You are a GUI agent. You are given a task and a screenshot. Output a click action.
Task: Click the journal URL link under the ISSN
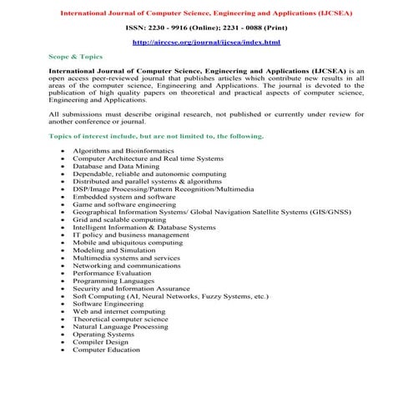pos(206,42)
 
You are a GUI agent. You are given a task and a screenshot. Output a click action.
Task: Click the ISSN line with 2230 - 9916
pos(206,27)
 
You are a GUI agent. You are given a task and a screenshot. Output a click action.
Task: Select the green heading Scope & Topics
pos(76,57)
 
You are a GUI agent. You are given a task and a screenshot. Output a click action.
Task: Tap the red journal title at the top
pos(206,13)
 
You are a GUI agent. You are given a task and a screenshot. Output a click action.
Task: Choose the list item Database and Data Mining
pos(118,166)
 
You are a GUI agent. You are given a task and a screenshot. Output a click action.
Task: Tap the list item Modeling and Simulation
pos(113,250)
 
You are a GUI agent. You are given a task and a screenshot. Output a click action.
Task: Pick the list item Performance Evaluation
pos(112,273)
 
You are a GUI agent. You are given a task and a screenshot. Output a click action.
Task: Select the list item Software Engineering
pos(110,304)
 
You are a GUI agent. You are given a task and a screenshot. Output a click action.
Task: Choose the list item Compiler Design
pos(100,342)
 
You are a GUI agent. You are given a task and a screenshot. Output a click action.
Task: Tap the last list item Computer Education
pos(106,350)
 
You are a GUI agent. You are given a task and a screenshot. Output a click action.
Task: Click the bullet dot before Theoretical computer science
pos(63,319)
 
